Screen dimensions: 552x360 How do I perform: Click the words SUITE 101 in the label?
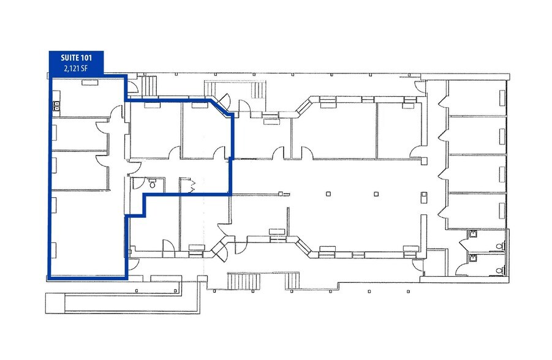coord(76,58)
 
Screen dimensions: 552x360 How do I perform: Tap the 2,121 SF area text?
coord(76,69)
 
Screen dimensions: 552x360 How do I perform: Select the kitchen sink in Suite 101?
coord(56,106)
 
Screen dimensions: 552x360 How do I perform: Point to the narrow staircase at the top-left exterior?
coord(149,86)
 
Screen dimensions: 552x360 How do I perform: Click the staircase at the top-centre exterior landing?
coord(259,91)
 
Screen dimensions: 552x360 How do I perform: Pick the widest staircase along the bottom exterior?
coord(244,281)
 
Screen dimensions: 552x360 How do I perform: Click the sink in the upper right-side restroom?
coord(474,233)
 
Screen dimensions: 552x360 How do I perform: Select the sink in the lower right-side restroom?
coord(474,258)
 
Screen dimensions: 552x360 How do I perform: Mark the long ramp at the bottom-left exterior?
coord(123,302)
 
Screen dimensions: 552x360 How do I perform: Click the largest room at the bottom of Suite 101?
coord(88,233)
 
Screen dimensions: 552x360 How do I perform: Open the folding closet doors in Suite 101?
coord(192,186)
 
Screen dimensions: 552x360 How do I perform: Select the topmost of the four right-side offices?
coord(477,97)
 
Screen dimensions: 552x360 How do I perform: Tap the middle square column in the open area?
coord(376,194)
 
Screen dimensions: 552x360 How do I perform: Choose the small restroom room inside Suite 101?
coord(148,185)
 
